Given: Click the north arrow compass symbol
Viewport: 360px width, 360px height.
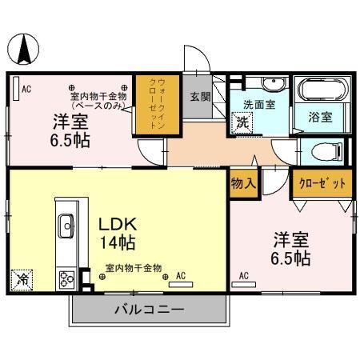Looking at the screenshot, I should click(x=24, y=50).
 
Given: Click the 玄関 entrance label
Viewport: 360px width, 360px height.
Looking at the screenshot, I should click(x=200, y=97).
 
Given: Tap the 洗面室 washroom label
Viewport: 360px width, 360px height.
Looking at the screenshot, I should click(x=259, y=103).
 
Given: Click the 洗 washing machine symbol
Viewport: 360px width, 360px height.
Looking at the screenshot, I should click(x=240, y=124).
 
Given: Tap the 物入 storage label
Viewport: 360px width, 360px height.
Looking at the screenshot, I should click(x=243, y=183).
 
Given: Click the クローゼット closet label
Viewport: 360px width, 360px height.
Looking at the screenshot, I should click(x=322, y=183).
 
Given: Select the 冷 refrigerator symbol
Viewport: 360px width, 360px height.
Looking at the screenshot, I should click(x=23, y=281).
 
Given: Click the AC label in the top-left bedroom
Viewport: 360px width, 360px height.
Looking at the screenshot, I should click(x=26, y=89).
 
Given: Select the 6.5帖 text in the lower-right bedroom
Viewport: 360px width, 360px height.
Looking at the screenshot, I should click(x=291, y=259).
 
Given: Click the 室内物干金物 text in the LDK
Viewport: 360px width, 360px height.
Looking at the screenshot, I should click(x=134, y=268).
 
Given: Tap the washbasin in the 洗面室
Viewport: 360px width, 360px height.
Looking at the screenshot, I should click(x=272, y=83).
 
